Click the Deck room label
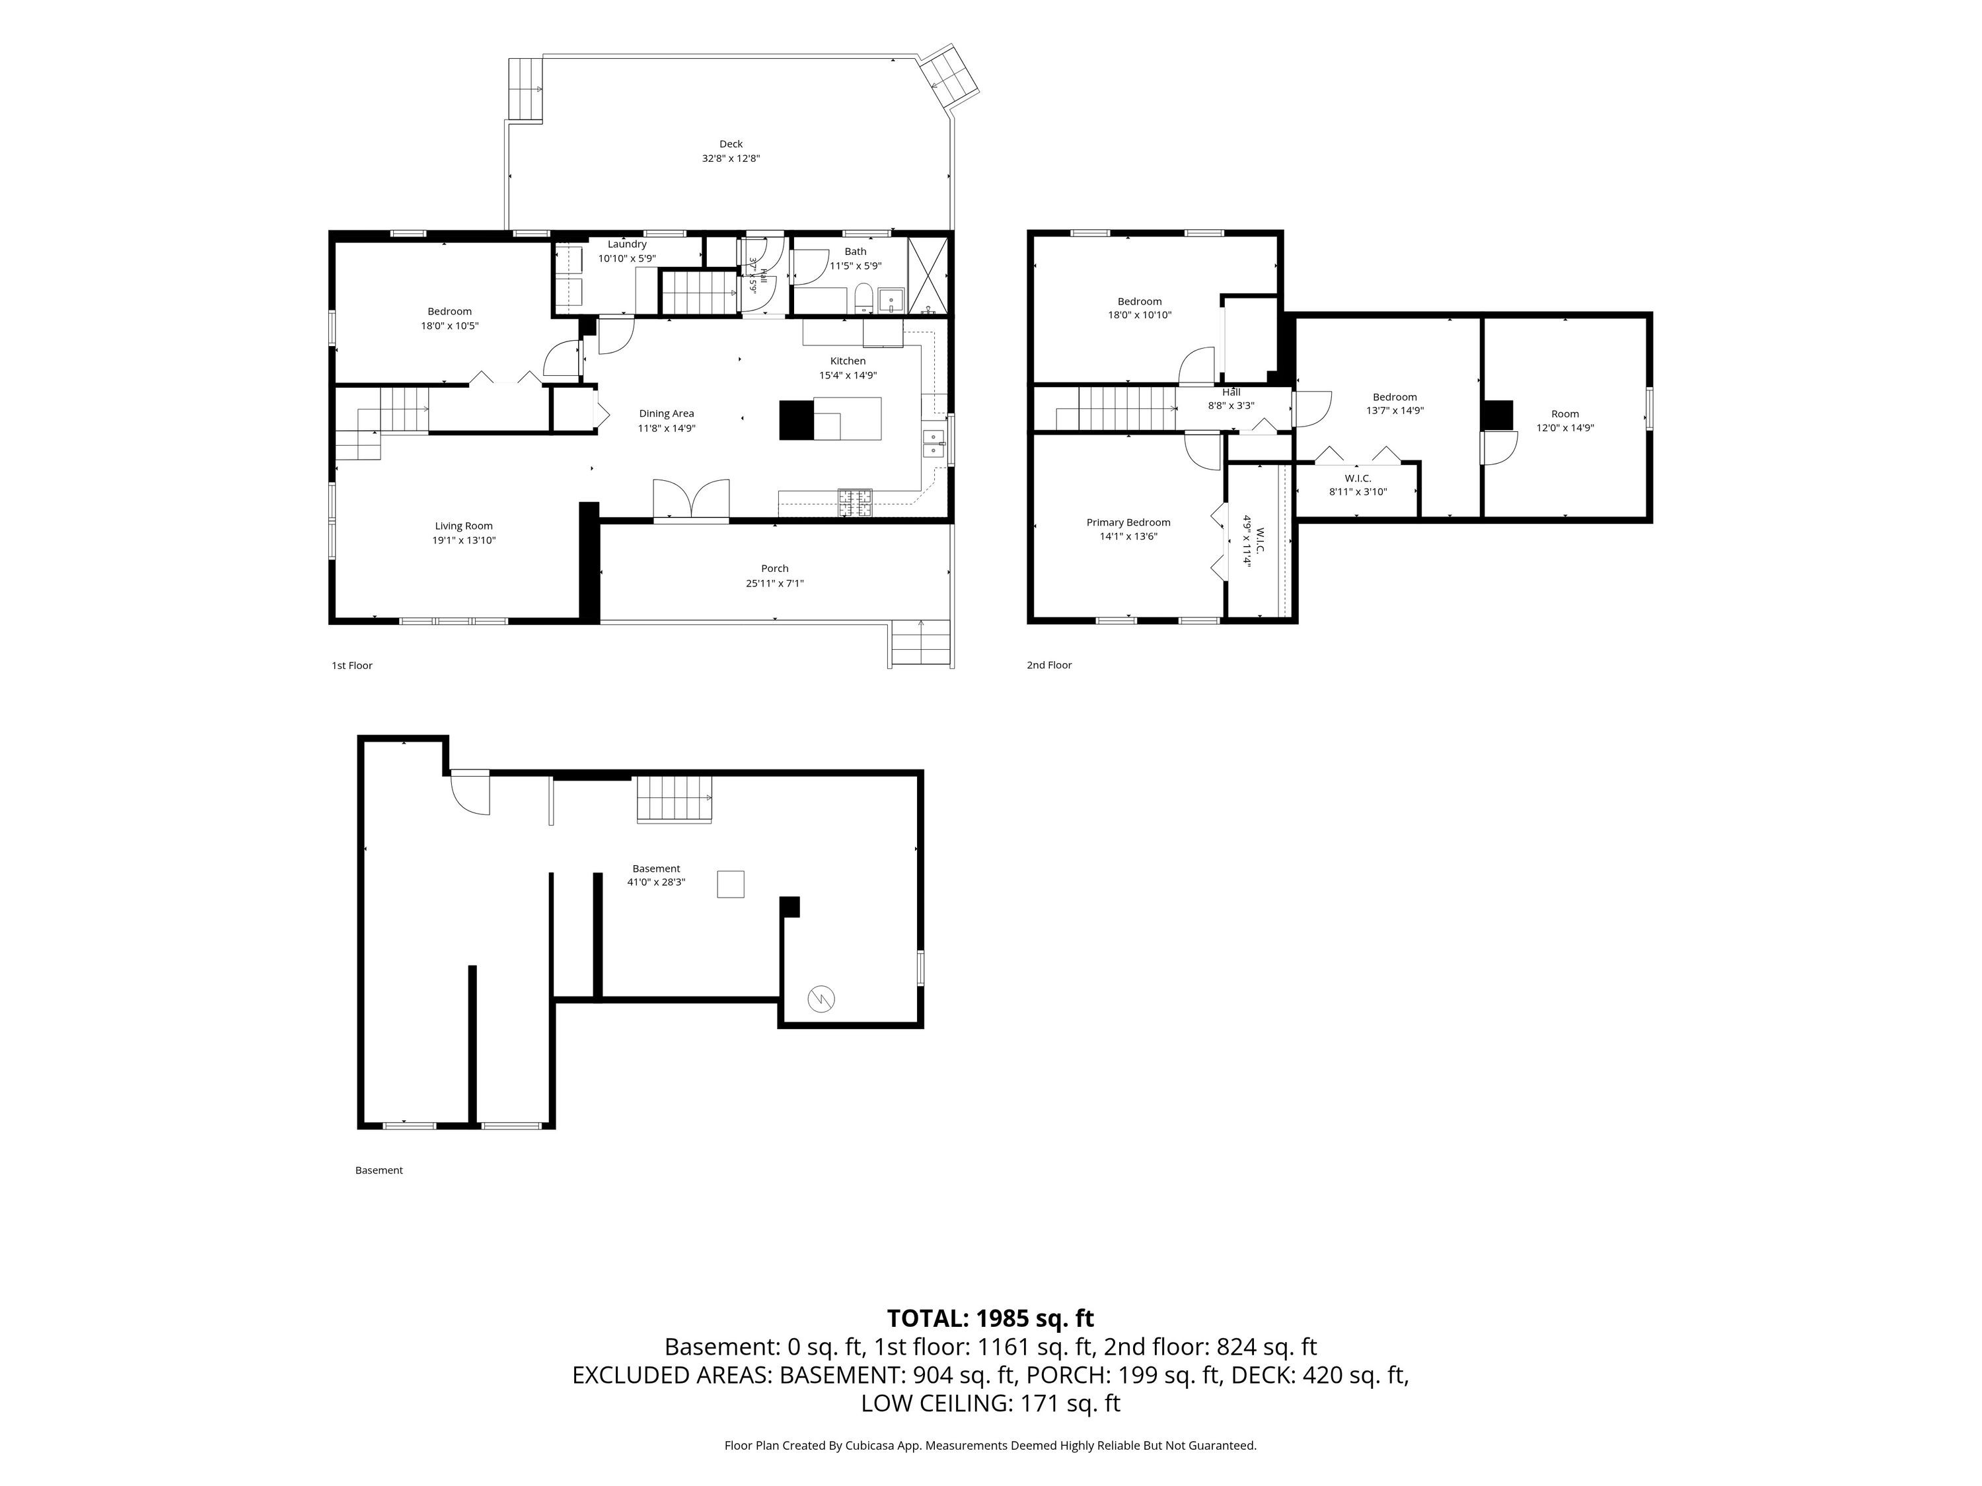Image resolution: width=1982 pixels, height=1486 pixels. (731, 143)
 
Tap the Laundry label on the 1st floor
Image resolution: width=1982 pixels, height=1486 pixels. (627, 244)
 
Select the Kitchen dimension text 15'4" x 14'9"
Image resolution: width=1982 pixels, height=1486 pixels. (848, 375)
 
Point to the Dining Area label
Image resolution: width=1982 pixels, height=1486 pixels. (667, 413)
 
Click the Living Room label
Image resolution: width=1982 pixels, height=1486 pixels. (464, 526)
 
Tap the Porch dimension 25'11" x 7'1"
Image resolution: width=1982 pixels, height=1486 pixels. (775, 583)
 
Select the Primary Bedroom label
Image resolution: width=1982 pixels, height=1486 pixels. (1128, 522)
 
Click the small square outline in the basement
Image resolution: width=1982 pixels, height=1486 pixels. (730, 884)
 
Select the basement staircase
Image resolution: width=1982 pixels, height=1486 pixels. (674, 799)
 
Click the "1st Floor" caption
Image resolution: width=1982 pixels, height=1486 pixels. (352, 666)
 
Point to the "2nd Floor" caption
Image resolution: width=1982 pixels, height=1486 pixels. (1049, 664)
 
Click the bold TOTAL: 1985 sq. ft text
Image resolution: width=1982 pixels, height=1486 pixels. (990, 1318)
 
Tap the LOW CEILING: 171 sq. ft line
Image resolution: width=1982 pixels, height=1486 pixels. (990, 1403)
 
